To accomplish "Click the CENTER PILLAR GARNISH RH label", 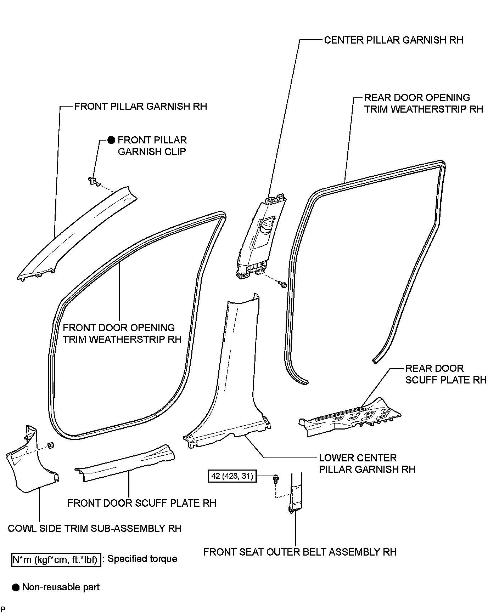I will coord(393,40).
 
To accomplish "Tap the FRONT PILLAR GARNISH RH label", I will coord(141,107).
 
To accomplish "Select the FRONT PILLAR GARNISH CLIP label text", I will coord(152,146).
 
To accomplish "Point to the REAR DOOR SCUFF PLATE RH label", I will coord(446,374).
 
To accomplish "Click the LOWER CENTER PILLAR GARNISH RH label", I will coord(367,464).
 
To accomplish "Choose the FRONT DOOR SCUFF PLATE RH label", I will coord(142,503).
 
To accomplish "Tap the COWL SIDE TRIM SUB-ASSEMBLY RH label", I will coord(95,528).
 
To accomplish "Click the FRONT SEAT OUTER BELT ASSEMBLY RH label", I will coord(300,552).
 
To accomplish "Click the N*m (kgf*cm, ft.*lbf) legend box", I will coord(56,560).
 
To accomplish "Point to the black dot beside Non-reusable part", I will coord(16,588).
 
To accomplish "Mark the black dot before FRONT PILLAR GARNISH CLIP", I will coord(111,140).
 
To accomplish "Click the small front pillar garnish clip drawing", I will coord(93,181).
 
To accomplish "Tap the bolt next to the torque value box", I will coord(276,479).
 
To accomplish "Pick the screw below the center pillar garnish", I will coord(283,284).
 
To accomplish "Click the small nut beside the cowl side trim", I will coord(50,445).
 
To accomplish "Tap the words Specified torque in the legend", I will coord(142,559).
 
